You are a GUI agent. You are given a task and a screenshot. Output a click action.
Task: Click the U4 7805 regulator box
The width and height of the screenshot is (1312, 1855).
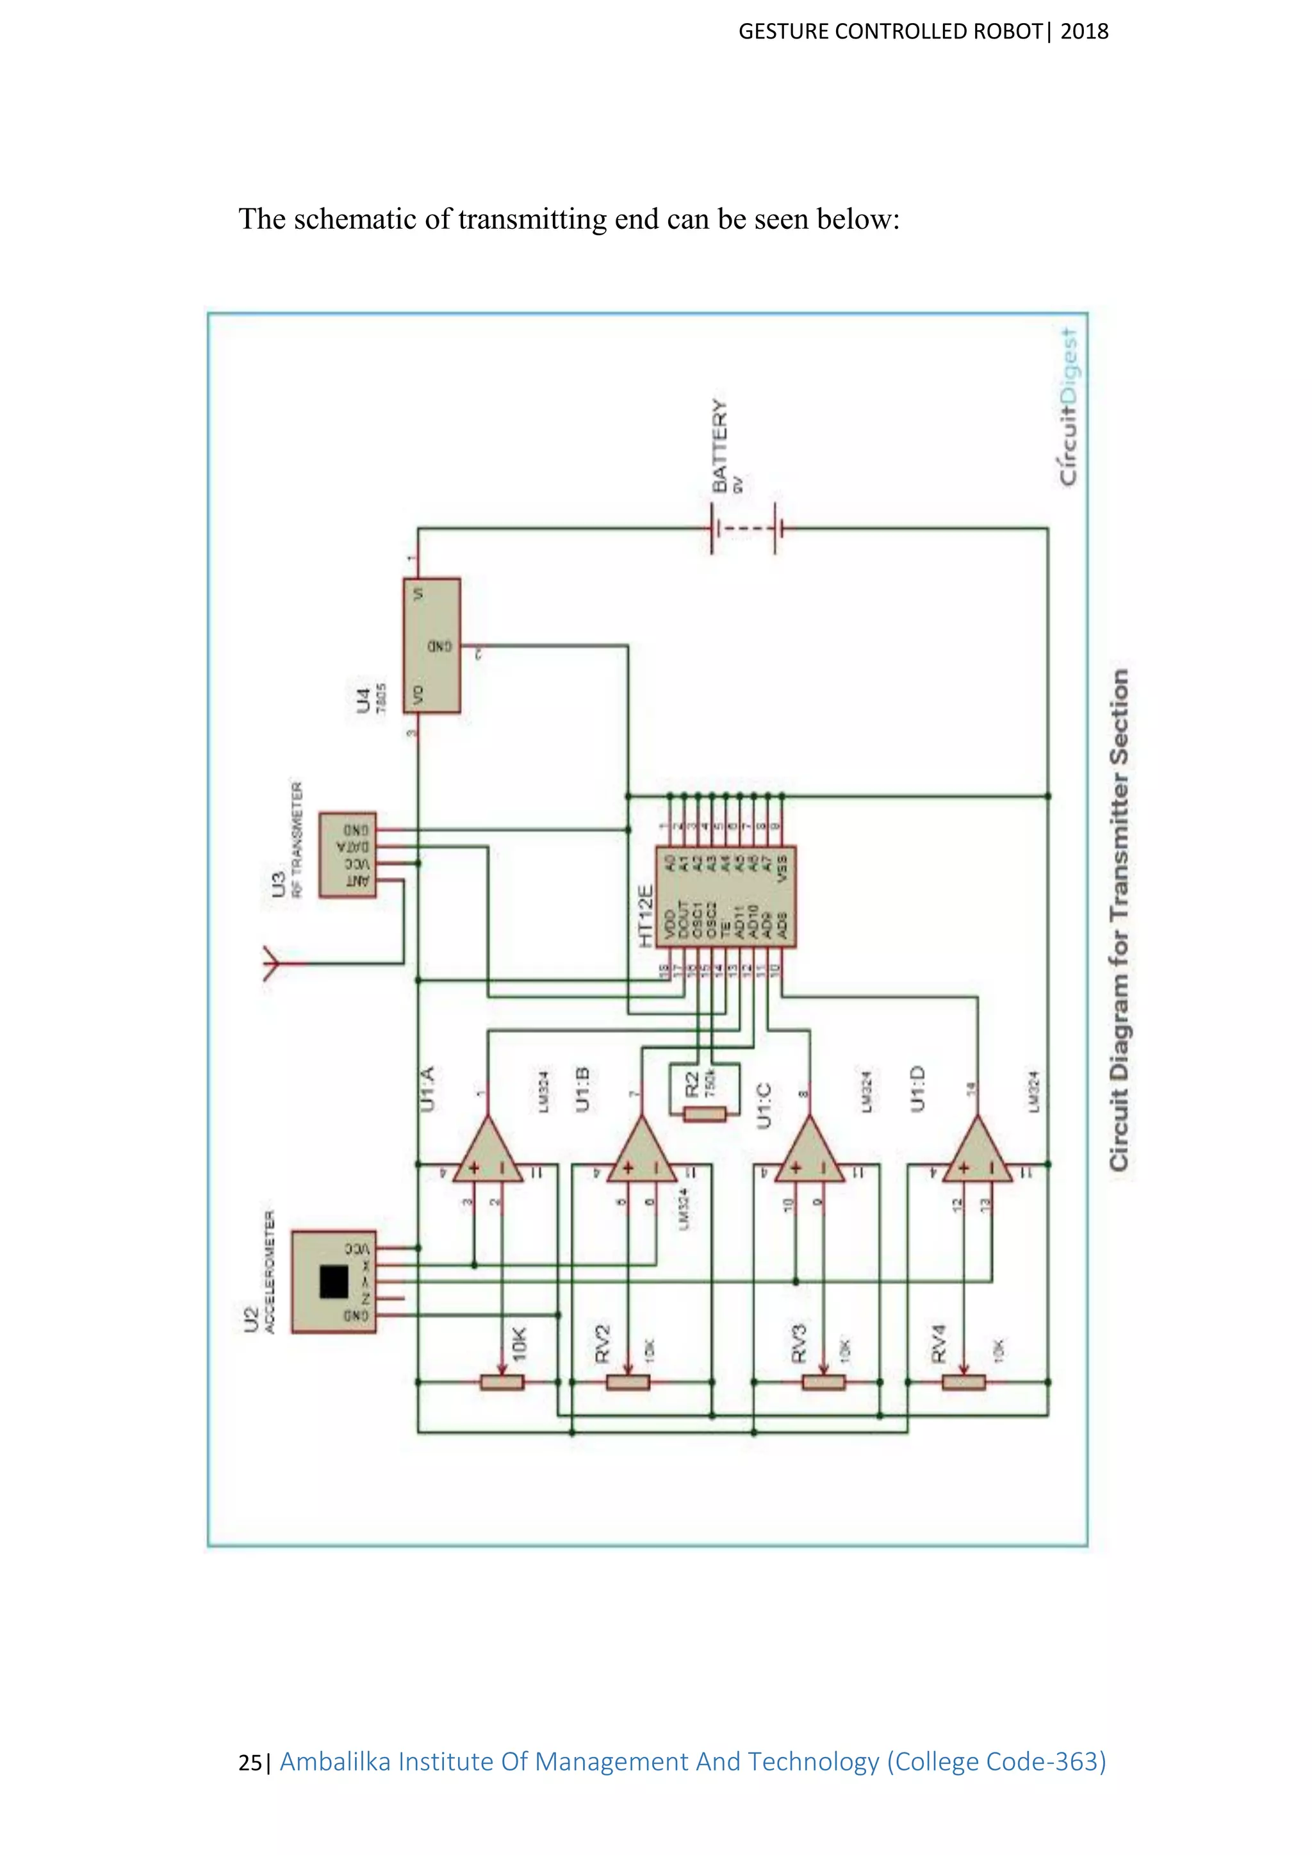tap(432, 645)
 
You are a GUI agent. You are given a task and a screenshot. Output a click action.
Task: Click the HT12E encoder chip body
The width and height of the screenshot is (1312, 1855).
tap(725, 897)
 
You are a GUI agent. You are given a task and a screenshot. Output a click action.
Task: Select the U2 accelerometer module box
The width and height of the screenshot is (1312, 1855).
tap(334, 1282)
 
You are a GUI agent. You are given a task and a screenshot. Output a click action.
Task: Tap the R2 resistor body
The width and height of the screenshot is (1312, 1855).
tap(705, 1115)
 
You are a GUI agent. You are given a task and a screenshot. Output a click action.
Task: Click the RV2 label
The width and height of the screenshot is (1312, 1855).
tap(603, 1343)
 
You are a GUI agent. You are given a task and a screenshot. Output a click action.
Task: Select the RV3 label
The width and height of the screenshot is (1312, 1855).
tap(798, 1343)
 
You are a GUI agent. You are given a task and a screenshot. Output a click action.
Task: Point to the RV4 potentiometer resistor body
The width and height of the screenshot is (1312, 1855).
tap(963, 1382)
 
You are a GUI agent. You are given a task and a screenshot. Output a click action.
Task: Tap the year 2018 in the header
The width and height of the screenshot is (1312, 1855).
tap(1084, 31)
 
